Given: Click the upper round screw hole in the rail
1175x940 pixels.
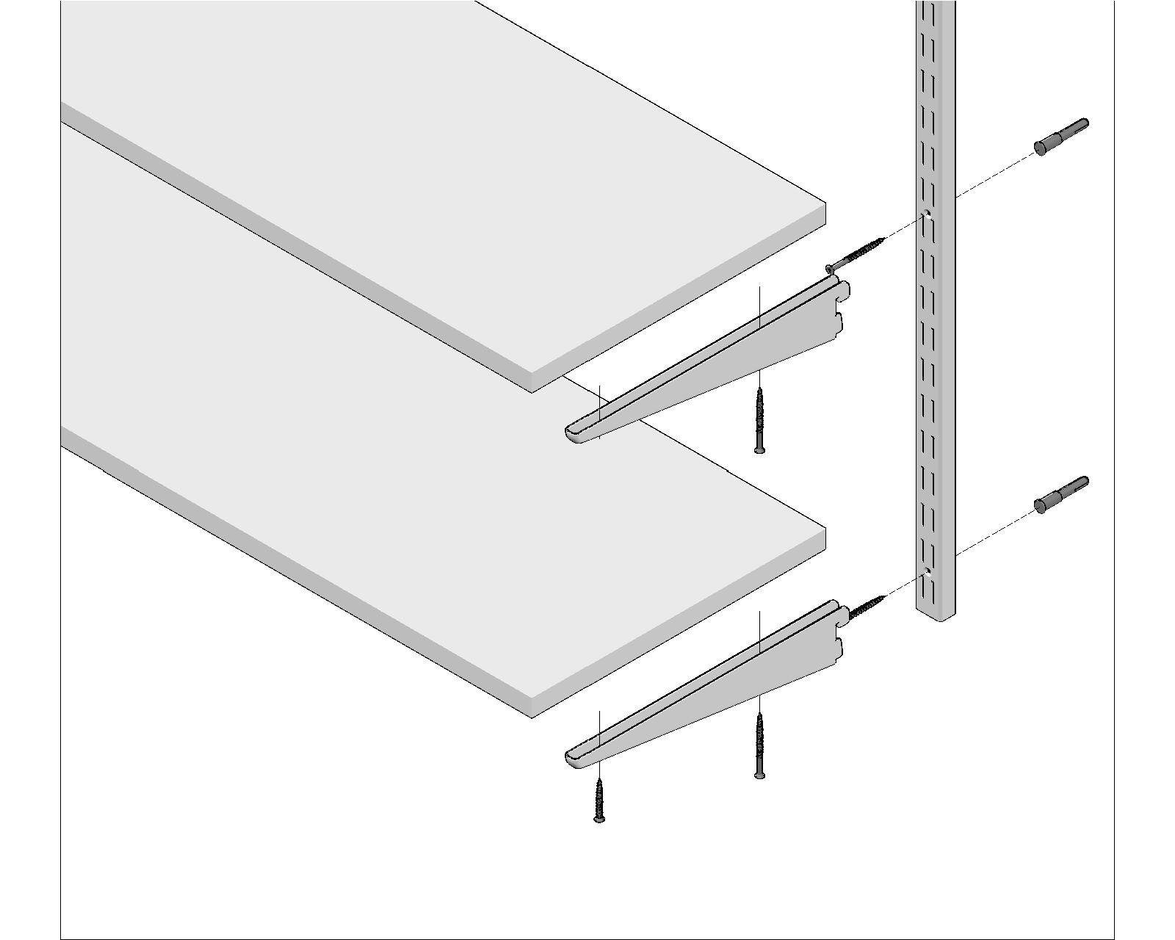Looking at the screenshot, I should (928, 216).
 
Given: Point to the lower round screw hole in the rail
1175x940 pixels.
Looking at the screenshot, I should (928, 571).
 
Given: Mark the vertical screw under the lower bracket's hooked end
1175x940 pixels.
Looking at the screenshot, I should (759, 745).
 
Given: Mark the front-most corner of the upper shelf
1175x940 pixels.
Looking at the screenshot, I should (532, 382).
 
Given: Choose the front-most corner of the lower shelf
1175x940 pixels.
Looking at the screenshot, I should (532, 706).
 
